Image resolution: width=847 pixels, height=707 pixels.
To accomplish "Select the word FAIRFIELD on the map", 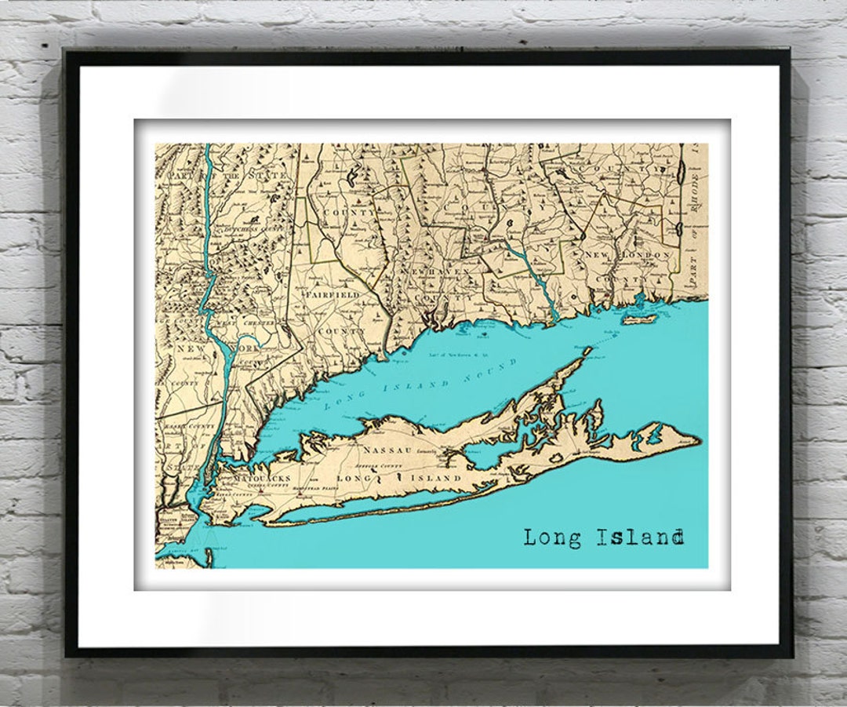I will coord(337,295).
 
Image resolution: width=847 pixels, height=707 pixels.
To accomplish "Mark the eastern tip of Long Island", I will coord(699,441).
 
